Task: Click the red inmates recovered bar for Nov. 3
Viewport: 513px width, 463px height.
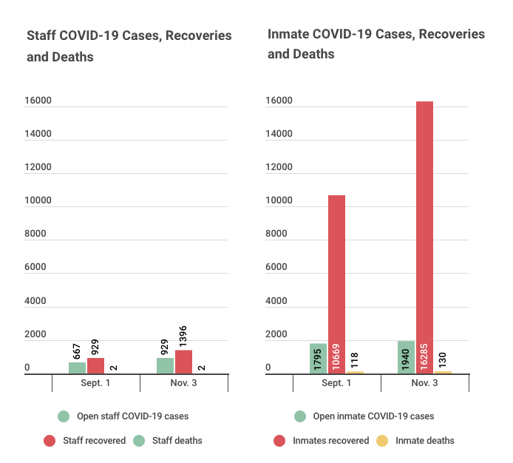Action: tap(424, 237)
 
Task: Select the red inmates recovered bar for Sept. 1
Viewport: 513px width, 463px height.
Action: tap(336, 284)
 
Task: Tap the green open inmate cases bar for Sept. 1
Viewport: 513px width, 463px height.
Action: tap(318, 358)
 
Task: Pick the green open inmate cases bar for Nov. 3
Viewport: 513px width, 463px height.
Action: tap(407, 357)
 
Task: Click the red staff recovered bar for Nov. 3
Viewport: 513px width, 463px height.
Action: tap(184, 362)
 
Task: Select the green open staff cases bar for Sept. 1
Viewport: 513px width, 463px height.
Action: tap(77, 368)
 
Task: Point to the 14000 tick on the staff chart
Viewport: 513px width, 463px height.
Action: tap(38, 134)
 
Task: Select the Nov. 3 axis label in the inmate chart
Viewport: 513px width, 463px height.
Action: tap(424, 383)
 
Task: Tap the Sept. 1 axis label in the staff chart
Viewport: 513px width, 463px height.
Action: tap(95, 383)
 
